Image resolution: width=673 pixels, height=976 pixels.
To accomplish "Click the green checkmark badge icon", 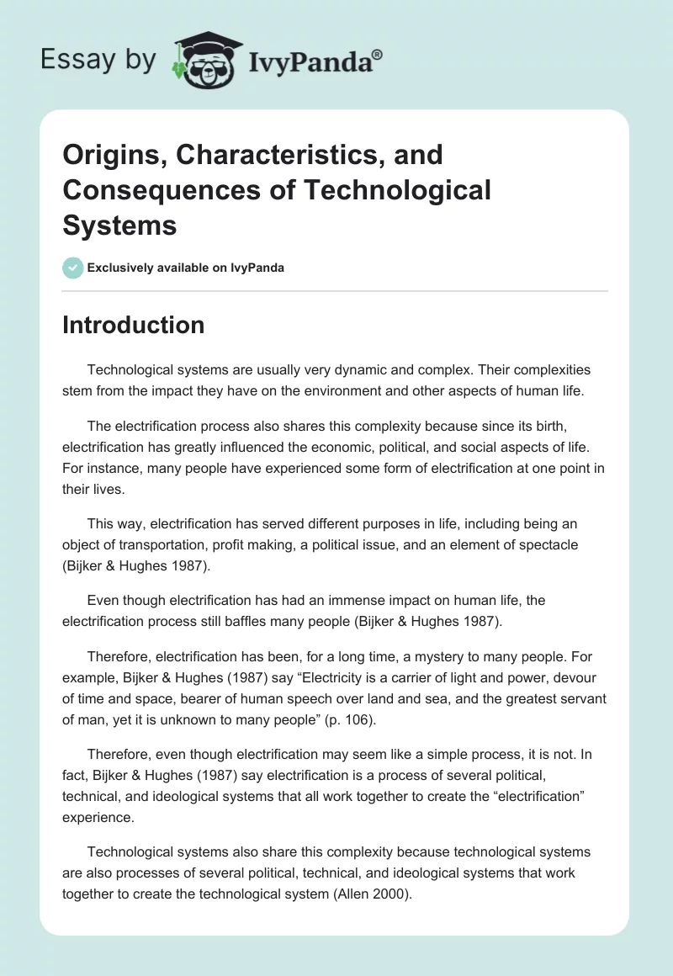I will [x=72, y=268].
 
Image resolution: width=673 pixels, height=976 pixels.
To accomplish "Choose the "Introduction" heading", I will [x=133, y=325].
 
